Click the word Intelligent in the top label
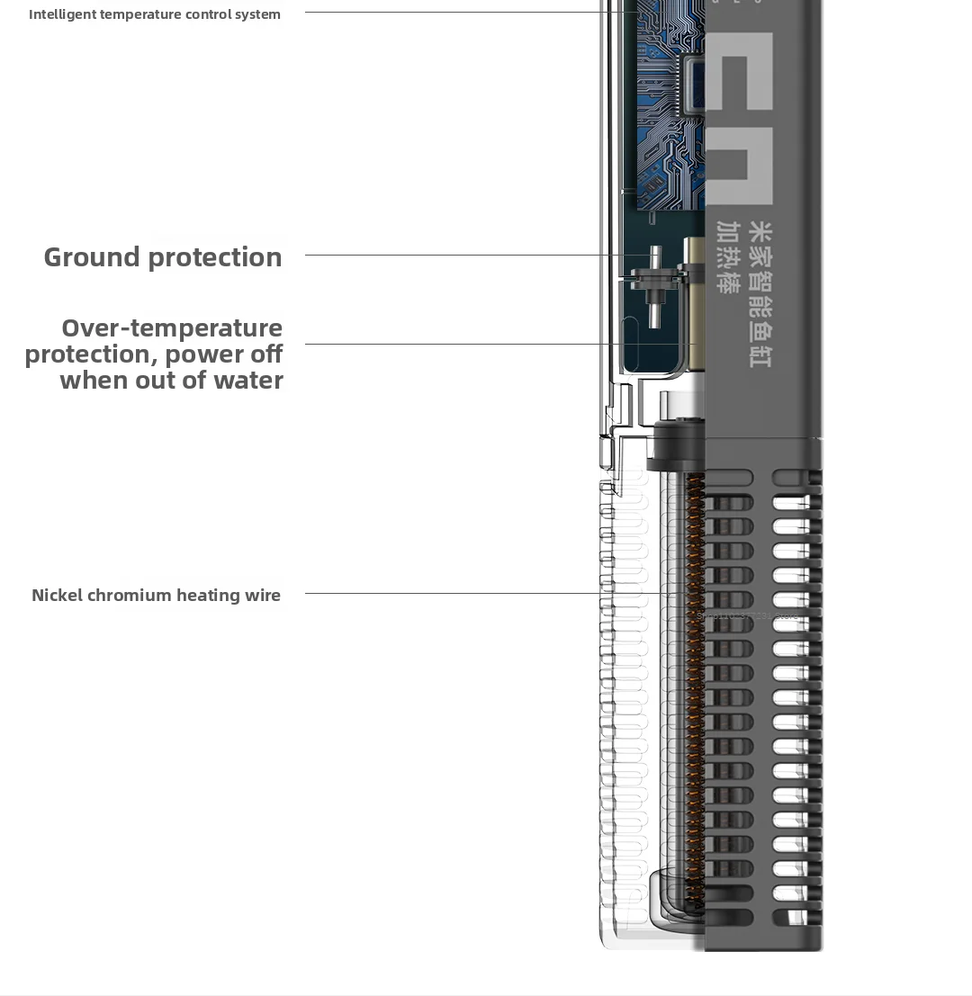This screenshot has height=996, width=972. coord(62,14)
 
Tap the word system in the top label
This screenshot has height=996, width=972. coord(257,14)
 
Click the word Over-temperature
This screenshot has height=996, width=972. coord(172,328)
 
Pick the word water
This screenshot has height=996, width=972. coord(248,380)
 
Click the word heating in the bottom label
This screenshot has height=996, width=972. coord(208,595)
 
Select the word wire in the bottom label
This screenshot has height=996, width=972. coord(262,595)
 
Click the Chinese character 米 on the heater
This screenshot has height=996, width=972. coord(760,233)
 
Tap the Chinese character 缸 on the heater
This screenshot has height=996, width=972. coord(760,354)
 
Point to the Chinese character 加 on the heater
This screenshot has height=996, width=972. coord(728,231)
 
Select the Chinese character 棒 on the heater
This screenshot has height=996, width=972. coord(728,281)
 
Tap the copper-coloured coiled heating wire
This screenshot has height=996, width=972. coord(694,684)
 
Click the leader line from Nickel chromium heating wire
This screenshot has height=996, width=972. coord(486,593)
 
